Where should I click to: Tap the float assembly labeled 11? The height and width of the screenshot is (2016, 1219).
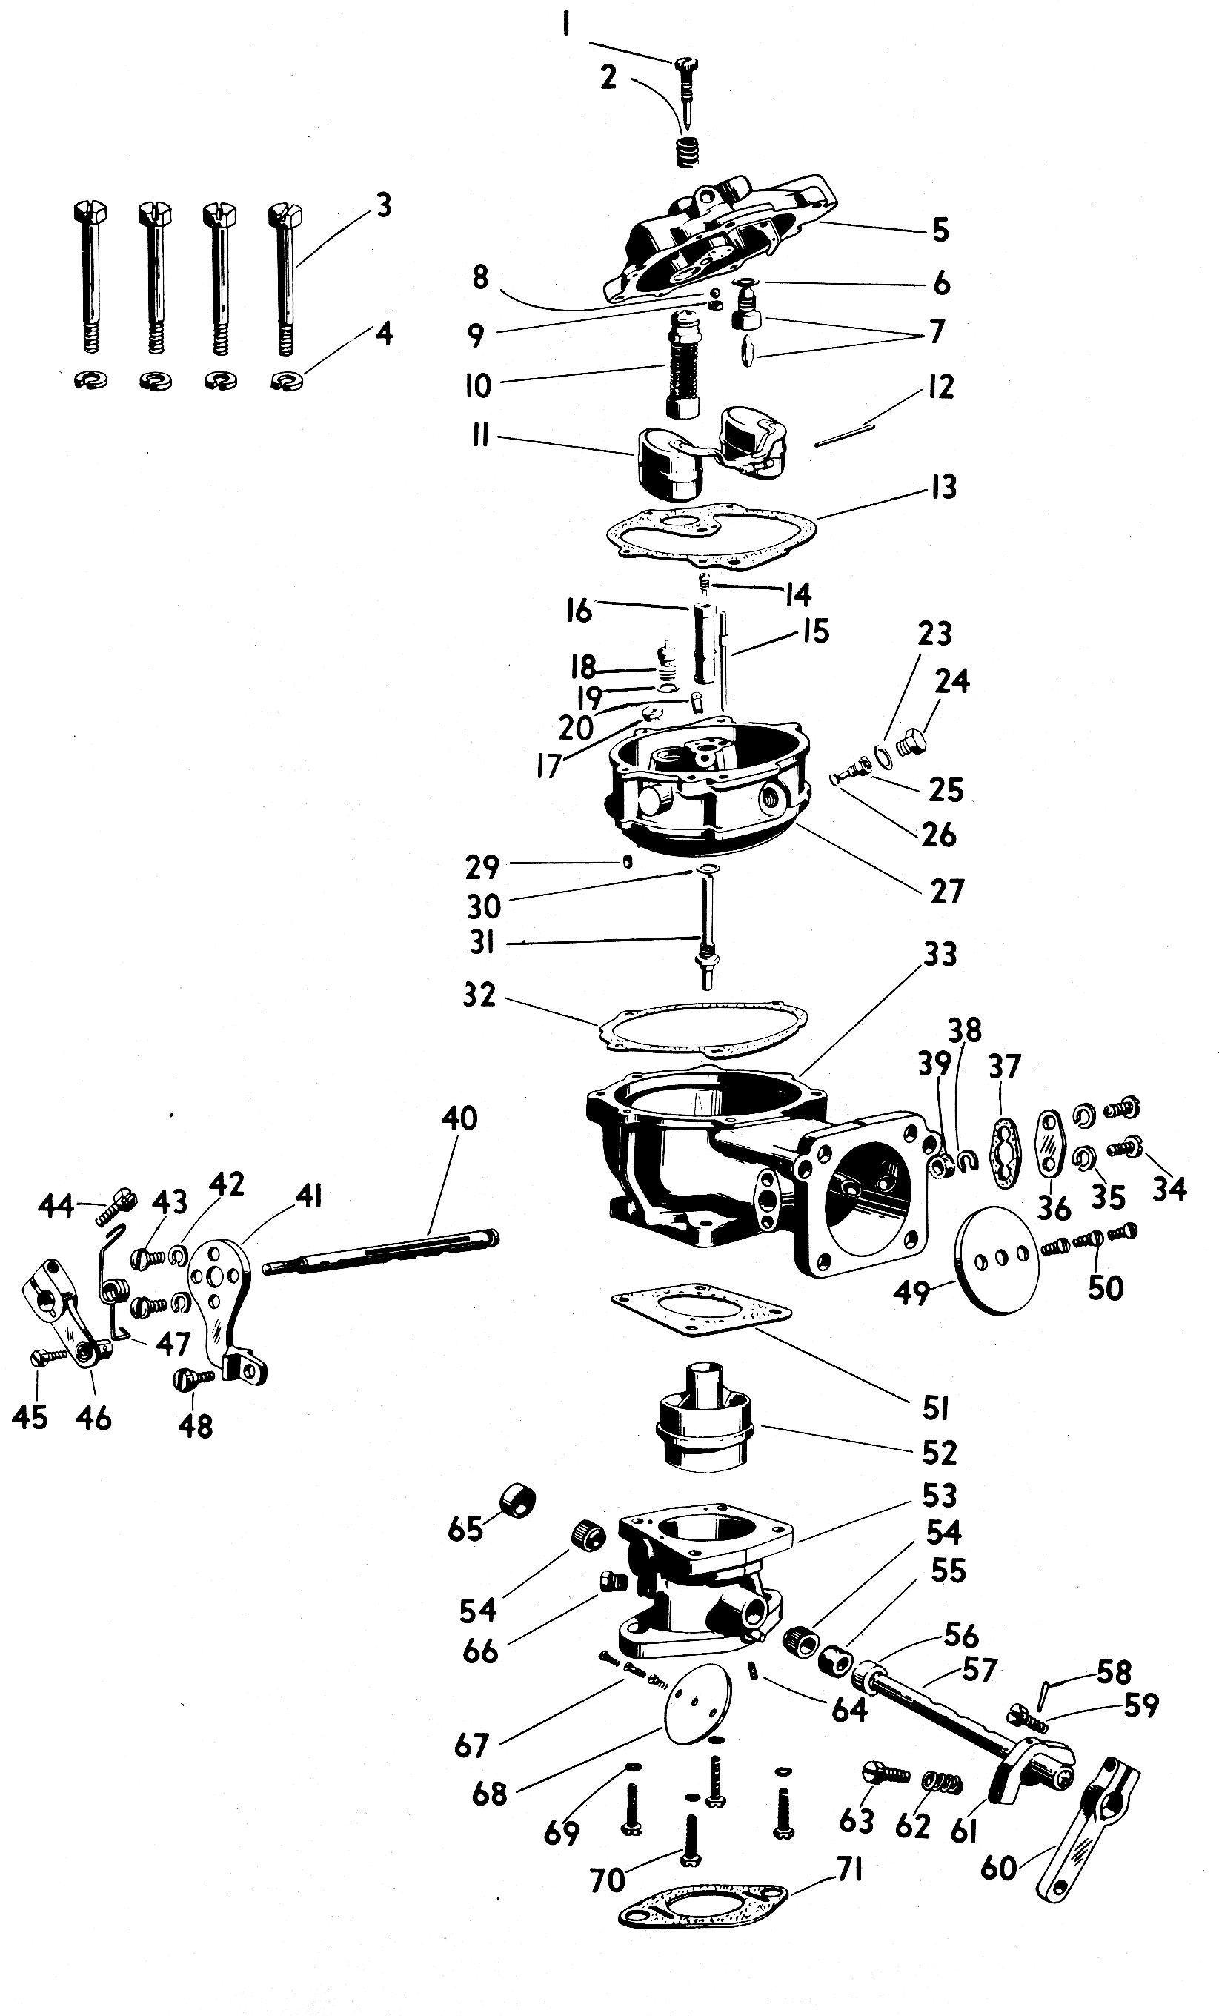(703, 454)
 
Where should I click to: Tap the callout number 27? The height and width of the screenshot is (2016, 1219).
(946, 891)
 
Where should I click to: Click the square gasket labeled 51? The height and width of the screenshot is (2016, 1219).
(700, 1307)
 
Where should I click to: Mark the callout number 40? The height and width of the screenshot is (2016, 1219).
(459, 1118)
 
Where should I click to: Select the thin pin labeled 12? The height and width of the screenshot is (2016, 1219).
(845, 434)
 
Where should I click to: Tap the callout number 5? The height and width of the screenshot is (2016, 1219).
(941, 231)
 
